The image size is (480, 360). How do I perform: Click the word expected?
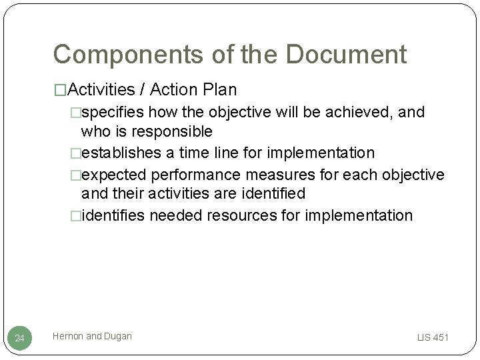click(x=115, y=174)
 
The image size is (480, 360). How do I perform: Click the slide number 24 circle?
click(x=20, y=338)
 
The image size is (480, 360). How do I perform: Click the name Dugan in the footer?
click(x=117, y=337)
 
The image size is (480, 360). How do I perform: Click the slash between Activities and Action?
click(x=144, y=89)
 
